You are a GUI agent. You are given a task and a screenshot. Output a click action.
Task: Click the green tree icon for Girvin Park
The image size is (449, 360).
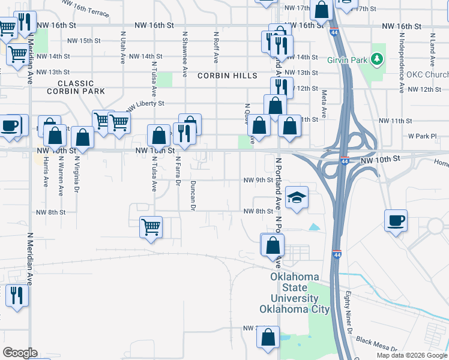(377, 59)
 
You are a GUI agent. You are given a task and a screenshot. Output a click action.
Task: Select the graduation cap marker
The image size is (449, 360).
(296, 199)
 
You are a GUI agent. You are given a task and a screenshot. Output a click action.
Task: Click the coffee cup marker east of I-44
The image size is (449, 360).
(396, 220)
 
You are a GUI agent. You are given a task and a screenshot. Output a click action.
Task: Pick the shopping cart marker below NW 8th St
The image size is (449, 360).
(151, 227)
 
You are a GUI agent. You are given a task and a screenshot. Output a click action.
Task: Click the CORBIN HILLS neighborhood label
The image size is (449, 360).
(227, 76)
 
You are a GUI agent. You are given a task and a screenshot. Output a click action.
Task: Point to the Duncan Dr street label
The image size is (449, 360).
(193, 196)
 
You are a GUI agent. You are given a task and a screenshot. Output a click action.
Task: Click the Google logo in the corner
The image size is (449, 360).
(20, 353)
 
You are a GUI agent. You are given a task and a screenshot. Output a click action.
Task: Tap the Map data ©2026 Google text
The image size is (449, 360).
(411, 355)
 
